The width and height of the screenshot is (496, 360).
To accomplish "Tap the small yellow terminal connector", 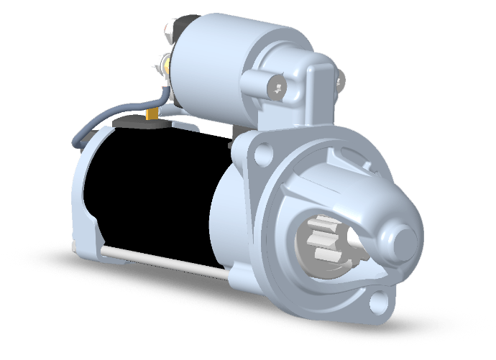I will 151,114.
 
